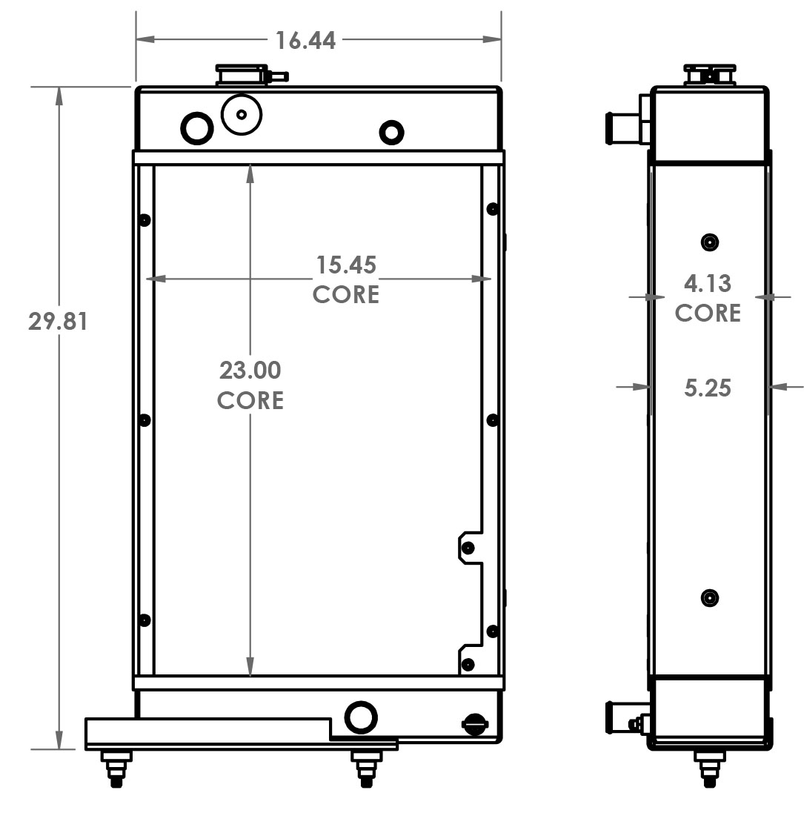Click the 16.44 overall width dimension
305,40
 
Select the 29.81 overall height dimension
58,322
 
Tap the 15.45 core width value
346,265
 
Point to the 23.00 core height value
250,369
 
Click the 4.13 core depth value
708,283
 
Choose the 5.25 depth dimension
708,387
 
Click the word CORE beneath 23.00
250,400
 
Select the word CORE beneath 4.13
708,313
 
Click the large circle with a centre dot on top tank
242,115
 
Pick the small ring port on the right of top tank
391,133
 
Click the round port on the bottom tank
361,717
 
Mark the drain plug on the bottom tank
472,724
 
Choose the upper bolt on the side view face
710,242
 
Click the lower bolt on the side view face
710,597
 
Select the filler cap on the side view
710,75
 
